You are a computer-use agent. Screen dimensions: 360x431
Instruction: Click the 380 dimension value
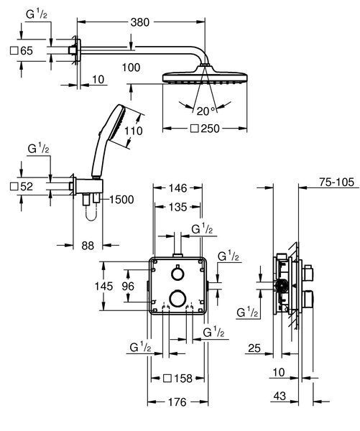pos(140,22)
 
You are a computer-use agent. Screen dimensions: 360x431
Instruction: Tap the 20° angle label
pos(206,111)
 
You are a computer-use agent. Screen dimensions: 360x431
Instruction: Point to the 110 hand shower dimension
pos(134,131)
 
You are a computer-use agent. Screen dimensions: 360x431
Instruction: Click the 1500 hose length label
pos(121,200)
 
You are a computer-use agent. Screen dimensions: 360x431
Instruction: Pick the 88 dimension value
pos(88,246)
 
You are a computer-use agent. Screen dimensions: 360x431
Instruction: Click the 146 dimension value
pos(178,188)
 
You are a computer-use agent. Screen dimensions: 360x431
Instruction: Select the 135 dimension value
pos(178,207)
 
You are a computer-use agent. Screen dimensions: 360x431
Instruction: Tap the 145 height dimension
pos(103,287)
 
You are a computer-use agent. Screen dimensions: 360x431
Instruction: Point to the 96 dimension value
pos(128,287)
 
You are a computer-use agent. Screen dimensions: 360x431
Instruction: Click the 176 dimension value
pos(177,402)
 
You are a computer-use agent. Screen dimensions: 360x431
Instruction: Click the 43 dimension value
pos(280,396)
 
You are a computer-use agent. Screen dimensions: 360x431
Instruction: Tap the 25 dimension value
pos(254,348)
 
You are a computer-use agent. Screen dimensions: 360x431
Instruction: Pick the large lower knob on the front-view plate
pos(177,298)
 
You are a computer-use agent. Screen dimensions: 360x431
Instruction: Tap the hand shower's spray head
pos(117,122)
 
